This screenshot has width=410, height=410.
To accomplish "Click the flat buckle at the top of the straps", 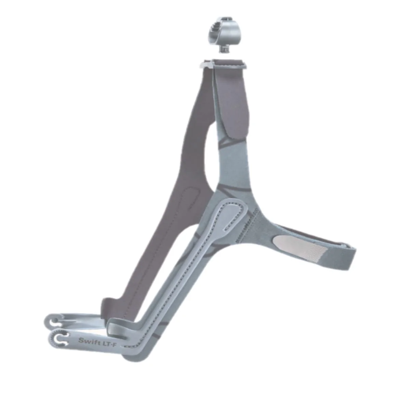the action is click(223, 64).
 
